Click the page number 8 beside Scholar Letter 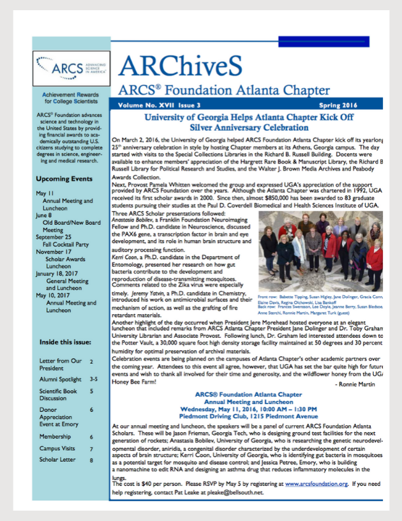tap(91, 477)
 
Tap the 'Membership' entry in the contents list tap(56, 437)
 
